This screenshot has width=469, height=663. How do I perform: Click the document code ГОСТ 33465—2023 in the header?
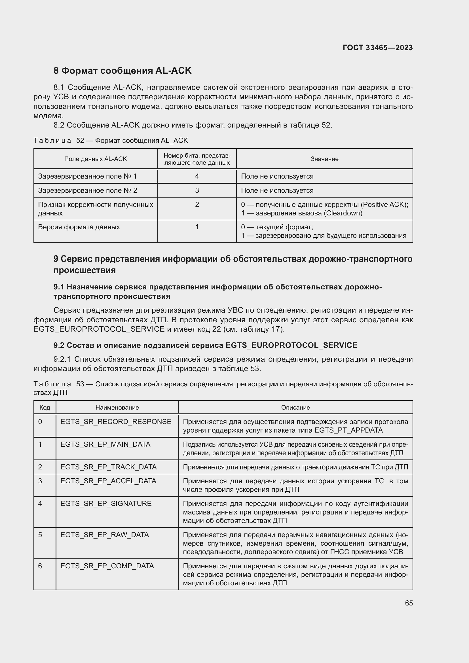pos(377,48)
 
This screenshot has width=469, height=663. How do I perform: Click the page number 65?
pos(409,603)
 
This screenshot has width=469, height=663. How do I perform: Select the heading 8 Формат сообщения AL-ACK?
pos(122,71)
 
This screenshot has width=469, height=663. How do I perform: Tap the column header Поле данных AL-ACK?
pos(95,159)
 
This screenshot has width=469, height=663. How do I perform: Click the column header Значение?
pos(324,159)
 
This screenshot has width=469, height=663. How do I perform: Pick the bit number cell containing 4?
pos(197,176)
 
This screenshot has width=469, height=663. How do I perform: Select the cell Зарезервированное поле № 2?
pos(88,190)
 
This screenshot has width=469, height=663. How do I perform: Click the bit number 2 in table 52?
pos(197,204)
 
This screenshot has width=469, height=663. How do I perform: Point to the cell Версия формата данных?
pos(79,227)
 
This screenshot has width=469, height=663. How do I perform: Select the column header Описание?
pos(295,407)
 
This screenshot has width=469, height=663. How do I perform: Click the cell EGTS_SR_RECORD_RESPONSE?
pos(116,421)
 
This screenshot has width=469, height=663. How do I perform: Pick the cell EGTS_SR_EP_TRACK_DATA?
pos(108,467)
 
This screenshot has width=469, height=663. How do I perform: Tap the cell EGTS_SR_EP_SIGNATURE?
pos(106,504)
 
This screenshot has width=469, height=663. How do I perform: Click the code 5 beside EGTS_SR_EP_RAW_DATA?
pos(40,535)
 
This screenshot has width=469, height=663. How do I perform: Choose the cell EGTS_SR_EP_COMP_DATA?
pos(107,566)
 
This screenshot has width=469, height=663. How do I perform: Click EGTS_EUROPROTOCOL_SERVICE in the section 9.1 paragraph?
pos(99,329)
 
